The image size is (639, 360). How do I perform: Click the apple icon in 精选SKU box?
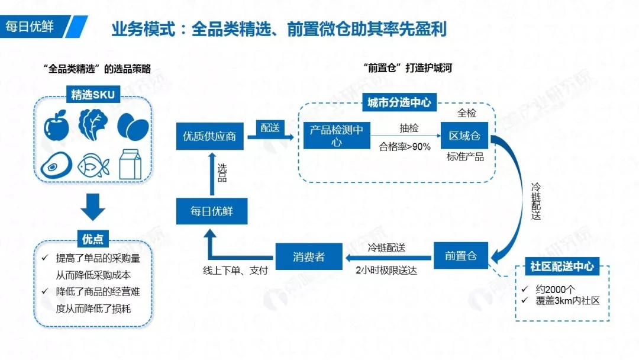click(56, 126)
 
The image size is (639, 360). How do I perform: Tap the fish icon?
click(94, 164)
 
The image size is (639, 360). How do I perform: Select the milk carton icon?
click(133, 163)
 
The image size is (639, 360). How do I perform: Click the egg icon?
click(133, 126)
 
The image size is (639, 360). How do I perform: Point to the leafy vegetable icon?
click(94, 124)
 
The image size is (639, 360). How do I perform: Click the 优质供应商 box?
click(211, 136)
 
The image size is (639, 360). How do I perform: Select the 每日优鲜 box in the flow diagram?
click(211, 211)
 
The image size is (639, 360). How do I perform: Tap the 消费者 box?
click(309, 256)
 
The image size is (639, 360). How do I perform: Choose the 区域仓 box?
click(464, 136)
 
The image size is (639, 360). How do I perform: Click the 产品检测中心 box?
click(337, 136)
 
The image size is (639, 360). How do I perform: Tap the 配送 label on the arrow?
click(269, 128)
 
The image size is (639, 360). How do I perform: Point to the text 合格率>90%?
click(405, 147)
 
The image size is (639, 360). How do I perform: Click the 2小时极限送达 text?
click(386, 271)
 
